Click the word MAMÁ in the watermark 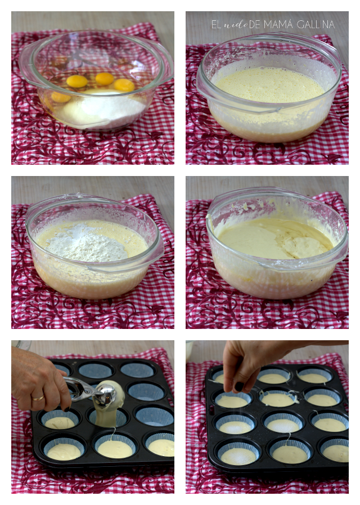(278, 24)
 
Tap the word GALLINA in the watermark (316, 24)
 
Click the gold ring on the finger (38, 398)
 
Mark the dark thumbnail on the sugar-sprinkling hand (239, 386)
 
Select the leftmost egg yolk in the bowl (61, 97)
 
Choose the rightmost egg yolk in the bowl (124, 85)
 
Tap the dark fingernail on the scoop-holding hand (66, 409)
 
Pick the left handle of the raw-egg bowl (26, 65)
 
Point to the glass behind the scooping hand (22, 345)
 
